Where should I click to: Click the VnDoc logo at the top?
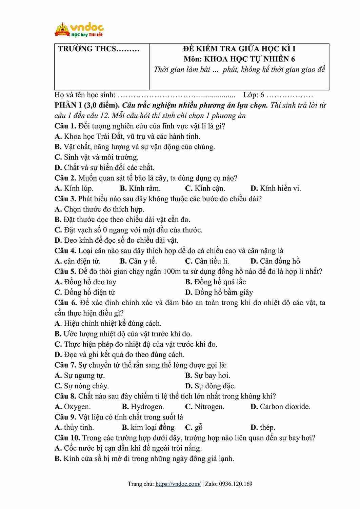(79, 29)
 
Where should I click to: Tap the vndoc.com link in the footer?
(178, 484)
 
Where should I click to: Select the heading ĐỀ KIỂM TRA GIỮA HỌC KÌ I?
(239, 48)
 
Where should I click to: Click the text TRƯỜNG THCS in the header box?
(98, 48)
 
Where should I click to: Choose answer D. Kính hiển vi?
(276, 188)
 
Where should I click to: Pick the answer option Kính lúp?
(74, 188)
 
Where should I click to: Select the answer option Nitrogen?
(205, 407)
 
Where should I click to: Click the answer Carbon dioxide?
(280, 407)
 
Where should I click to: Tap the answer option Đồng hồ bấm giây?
(219, 292)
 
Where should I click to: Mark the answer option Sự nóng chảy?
(82, 386)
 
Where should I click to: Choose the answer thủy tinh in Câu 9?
(74, 427)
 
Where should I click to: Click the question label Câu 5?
(65, 271)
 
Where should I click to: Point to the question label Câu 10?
(67, 438)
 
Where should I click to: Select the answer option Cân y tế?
(138, 261)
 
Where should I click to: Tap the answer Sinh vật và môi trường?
(97, 157)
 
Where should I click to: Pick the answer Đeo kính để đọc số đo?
(116, 240)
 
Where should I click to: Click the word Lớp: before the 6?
(251, 95)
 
